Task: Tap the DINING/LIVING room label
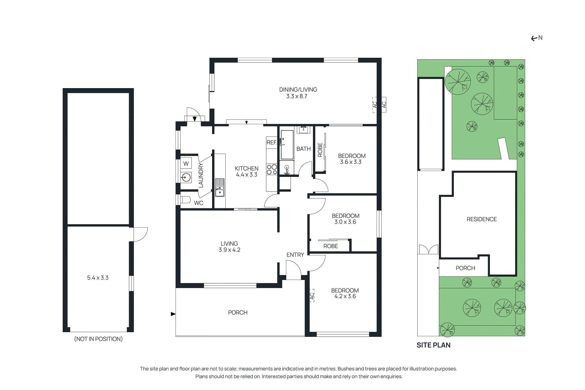pos(298,90)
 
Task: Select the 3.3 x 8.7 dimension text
pos(297,96)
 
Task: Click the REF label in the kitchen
pos(271,143)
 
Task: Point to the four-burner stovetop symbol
pos(272,169)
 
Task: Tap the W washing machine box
pos(186,163)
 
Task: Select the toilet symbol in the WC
pos(185,200)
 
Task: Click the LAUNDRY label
pos(201,175)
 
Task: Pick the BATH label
pos(303,149)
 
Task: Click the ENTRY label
pos(295,255)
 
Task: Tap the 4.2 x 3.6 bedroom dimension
pos(345,296)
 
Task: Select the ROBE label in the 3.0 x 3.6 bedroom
pos(331,246)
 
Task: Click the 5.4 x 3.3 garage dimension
pos(98,278)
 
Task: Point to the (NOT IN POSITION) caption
pos(98,339)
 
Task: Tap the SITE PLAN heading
pos(433,345)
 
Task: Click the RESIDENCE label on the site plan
pos(482,219)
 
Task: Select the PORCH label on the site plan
pos(465,268)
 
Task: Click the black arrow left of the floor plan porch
pos(173,314)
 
